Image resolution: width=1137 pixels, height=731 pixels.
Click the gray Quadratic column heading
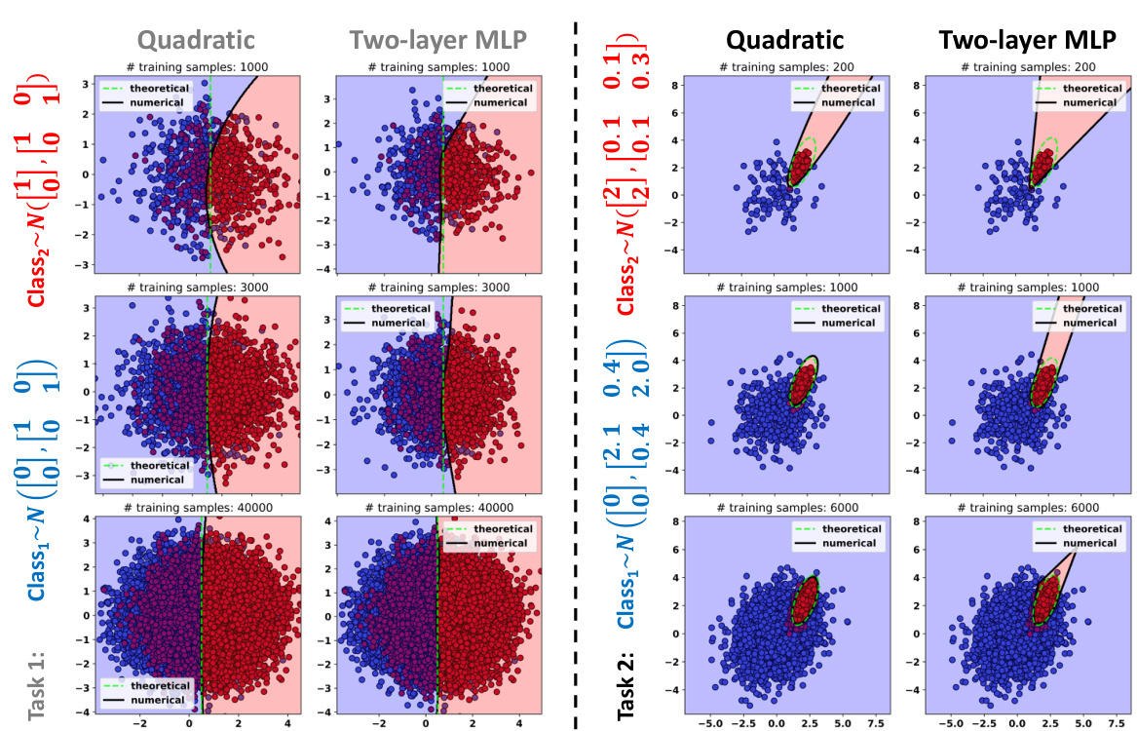[x=196, y=40]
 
